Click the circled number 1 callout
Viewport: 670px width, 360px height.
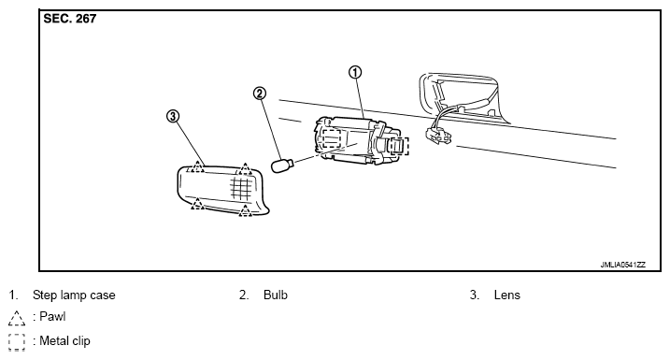(x=355, y=72)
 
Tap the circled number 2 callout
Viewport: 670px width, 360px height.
(x=260, y=94)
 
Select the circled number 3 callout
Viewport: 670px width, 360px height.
(x=173, y=116)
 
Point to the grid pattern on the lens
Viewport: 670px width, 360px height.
(x=241, y=189)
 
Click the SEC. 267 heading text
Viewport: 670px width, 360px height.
(x=70, y=19)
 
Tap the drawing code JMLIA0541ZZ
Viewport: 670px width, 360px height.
(x=622, y=265)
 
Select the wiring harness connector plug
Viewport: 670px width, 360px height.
(x=438, y=136)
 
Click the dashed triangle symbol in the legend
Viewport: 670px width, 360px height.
(x=16, y=319)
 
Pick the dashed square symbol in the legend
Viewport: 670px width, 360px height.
(x=16, y=342)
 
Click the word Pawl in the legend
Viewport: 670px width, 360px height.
(x=52, y=316)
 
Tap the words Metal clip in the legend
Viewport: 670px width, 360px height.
(x=65, y=340)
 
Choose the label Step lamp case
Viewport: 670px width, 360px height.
(x=74, y=295)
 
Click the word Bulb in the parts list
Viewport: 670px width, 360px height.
(x=276, y=295)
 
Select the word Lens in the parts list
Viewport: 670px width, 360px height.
(x=507, y=295)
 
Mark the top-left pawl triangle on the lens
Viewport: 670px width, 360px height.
(x=197, y=166)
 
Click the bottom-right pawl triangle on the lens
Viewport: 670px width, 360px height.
(x=245, y=210)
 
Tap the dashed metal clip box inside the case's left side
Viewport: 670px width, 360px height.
(x=331, y=137)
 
